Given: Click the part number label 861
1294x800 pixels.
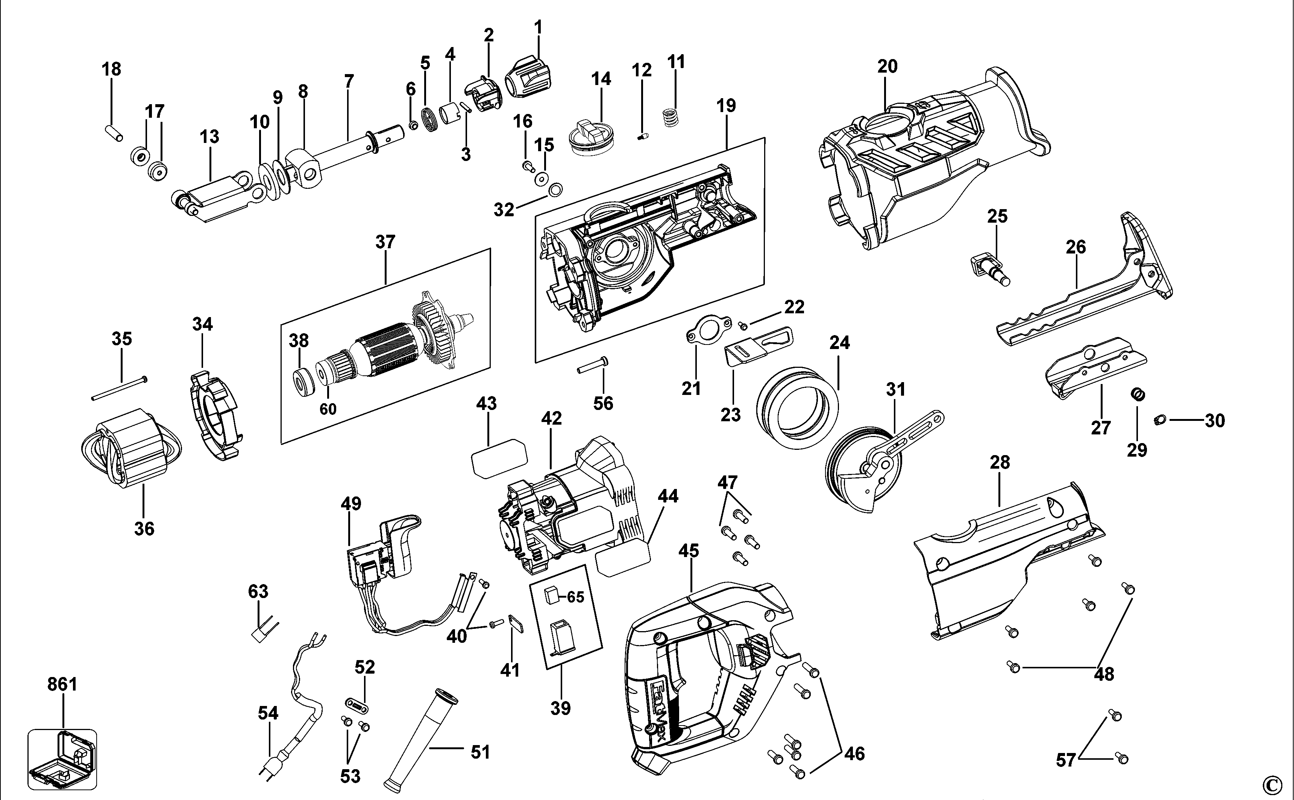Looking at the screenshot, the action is (62, 684).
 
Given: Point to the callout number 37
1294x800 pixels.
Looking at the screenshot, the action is (385, 242).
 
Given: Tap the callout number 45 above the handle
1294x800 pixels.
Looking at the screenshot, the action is (689, 551).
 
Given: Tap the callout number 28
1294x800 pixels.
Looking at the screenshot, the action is (1000, 462).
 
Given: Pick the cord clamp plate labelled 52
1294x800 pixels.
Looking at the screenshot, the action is (358, 705).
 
